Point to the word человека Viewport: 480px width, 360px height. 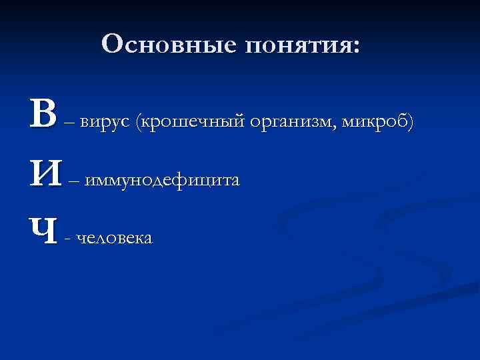[x=115, y=238]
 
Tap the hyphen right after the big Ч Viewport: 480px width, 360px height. [x=69, y=239]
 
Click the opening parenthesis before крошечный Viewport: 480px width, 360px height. [x=137, y=122]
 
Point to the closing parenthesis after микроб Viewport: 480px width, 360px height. [x=411, y=122]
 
